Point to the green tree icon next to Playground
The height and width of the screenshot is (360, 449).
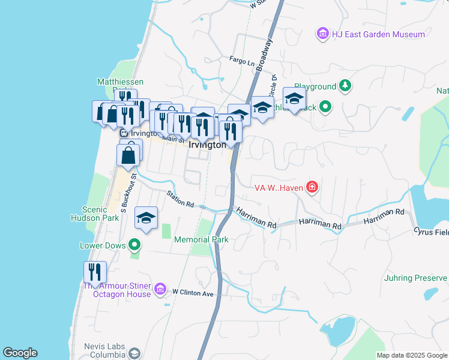coord(345,86)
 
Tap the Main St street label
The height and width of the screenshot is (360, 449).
coord(173,139)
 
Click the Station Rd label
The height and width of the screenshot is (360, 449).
coord(181,199)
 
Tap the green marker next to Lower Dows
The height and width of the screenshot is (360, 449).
coord(134,245)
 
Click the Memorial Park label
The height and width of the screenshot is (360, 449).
coord(201,239)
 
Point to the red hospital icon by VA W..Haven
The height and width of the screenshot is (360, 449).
coord(312,188)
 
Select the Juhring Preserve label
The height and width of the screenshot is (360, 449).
coord(415,278)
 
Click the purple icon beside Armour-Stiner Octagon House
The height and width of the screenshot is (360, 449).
coord(160,290)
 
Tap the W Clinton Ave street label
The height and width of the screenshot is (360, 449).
coord(193,293)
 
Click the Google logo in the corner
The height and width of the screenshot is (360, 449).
coord(20,353)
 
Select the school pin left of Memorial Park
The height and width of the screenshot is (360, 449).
coord(146,219)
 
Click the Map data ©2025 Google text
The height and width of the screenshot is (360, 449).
coord(412,355)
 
